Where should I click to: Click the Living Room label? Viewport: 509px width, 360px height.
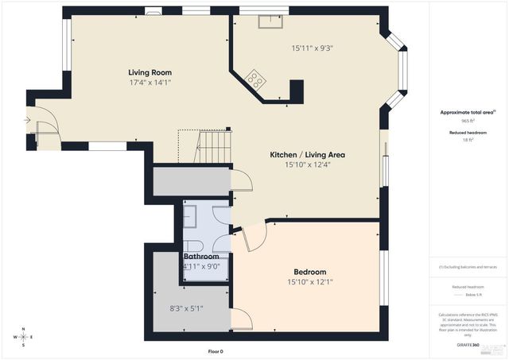(x=150, y=72)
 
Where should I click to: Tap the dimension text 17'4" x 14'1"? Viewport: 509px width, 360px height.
(x=150, y=82)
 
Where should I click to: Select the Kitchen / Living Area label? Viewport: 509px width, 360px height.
(x=306, y=154)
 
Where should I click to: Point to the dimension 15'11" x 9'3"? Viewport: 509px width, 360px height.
(x=312, y=48)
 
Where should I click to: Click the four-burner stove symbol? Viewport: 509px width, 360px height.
(x=256, y=78)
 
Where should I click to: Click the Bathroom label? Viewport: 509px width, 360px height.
(x=201, y=257)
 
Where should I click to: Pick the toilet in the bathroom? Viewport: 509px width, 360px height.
(x=193, y=244)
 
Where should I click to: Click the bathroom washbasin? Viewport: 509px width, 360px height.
(x=192, y=214)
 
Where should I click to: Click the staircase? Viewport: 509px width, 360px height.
(x=215, y=146)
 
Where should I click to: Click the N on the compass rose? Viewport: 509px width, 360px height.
(x=24, y=329)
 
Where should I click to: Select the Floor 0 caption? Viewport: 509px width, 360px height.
(x=216, y=350)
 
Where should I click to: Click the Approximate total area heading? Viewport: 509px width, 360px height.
(x=468, y=113)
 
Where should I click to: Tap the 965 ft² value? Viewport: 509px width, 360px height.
(x=468, y=121)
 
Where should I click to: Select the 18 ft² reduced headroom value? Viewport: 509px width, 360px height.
(x=468, y=139)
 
